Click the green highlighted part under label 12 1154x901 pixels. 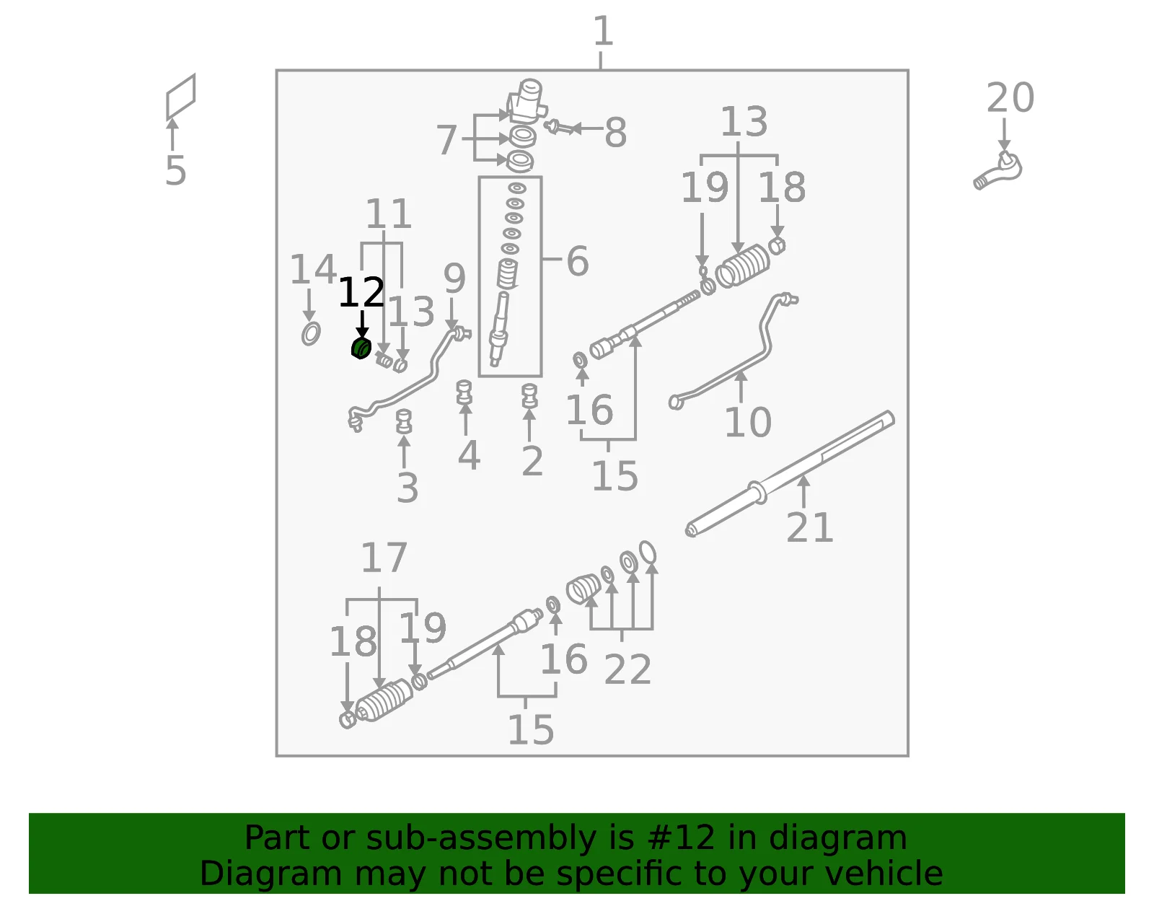tap(361, 348)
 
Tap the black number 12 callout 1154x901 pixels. tap(361, 293)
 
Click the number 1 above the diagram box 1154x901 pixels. tap(603, 31)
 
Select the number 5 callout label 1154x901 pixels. tap(176, 171)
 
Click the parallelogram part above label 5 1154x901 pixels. tap(180, 96)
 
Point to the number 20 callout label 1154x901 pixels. tap(1010, 97)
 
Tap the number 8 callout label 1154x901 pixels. tap(615, 132)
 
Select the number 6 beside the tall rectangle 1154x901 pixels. tap(578, 261)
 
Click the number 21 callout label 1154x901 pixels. tap(809, 528)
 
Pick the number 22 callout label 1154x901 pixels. tap(627, 669)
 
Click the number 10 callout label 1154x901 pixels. tap(748, 423)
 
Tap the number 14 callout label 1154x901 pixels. tap(313, 269)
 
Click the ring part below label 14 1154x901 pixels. tap(311, 333)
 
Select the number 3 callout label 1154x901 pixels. tap(408, 488)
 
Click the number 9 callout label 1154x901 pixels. tap(454, 278)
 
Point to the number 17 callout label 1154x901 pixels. tap(384, 558)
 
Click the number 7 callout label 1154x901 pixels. tap(446, 140)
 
